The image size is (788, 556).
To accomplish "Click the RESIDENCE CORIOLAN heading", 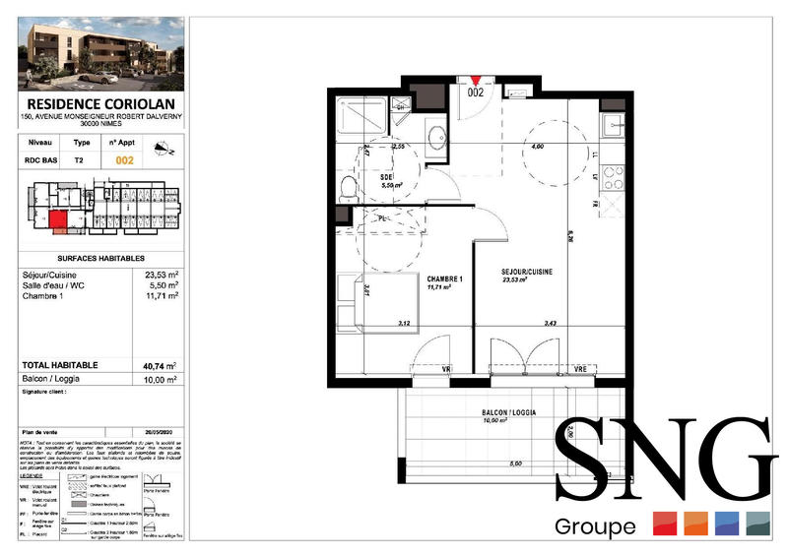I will click(100, 103).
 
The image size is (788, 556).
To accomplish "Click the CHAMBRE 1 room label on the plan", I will click(445, 278).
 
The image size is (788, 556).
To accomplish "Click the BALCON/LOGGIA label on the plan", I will click(508, 412).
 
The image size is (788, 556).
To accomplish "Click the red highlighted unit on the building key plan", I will click(60, 221).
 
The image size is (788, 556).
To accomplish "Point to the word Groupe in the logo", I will click(595, 526).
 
